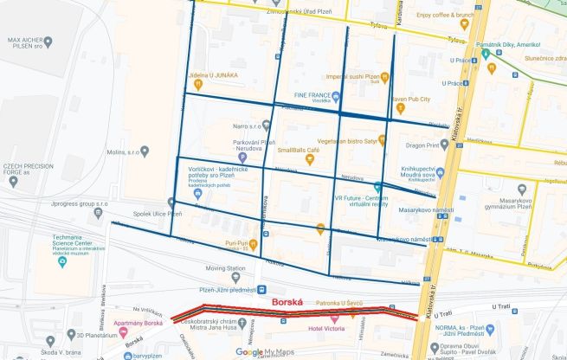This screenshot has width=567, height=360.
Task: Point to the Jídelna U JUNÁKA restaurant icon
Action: [x=198, y=86]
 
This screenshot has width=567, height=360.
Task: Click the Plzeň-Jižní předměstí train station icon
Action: [x=261, y=290]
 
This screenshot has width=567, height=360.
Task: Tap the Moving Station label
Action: [x=226, y=268]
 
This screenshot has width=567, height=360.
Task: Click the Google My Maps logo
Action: [x=266, y=352]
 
